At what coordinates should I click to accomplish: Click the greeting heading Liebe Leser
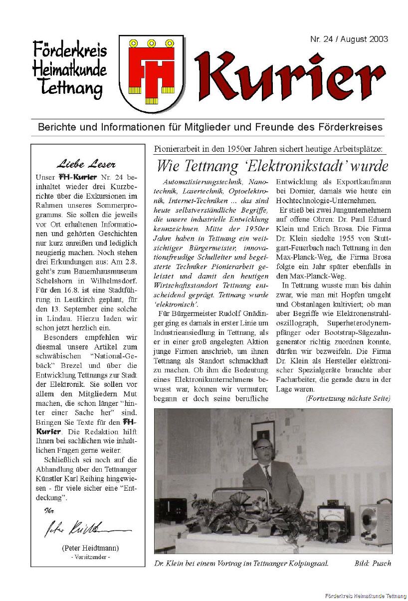tap(86, 164)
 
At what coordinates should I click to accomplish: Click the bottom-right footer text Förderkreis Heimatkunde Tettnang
tap(364, 596)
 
